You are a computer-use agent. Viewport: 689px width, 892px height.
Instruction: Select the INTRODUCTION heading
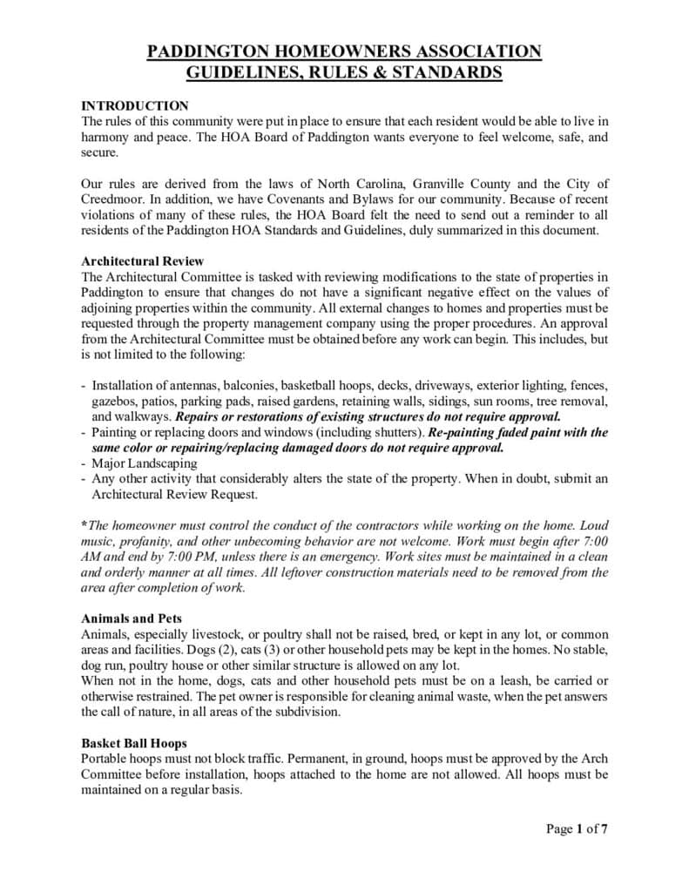coord(134,105)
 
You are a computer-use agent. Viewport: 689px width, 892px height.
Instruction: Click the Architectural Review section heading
coord(143,260)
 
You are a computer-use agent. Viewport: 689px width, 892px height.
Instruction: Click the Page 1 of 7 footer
coord(577,828)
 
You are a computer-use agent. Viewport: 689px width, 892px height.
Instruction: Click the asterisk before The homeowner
coord(84,525)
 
